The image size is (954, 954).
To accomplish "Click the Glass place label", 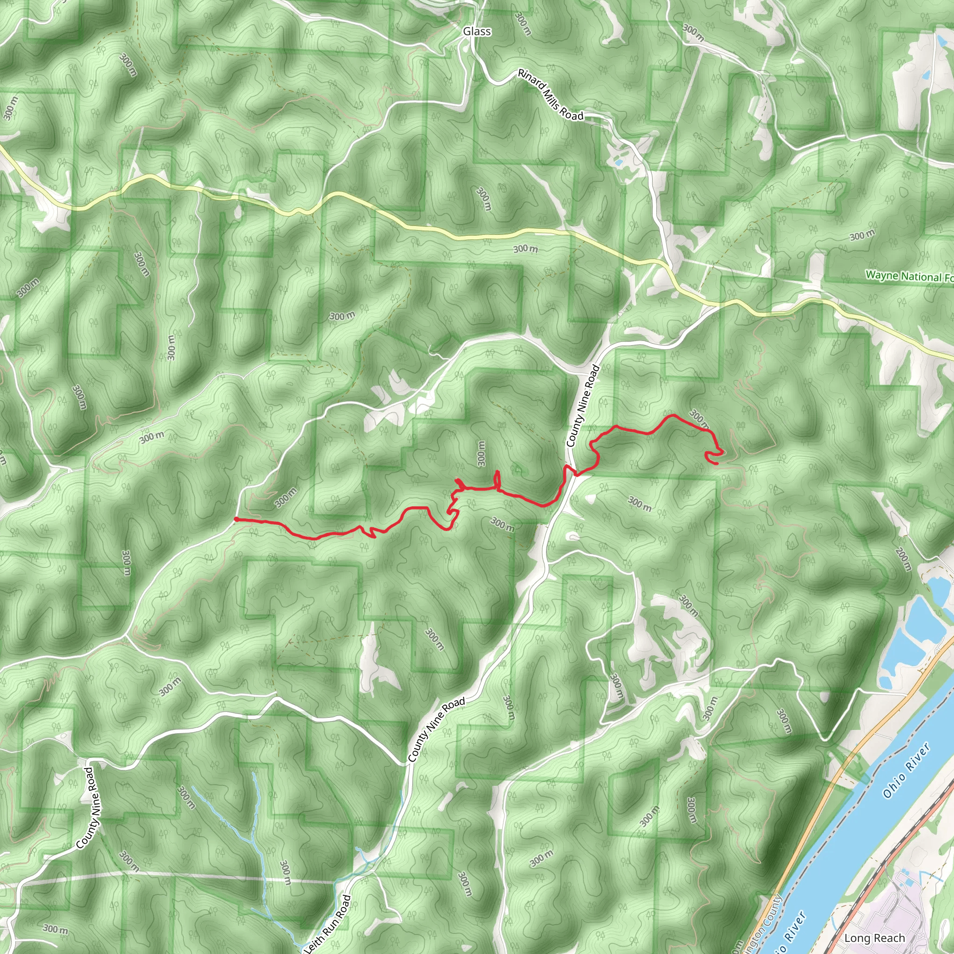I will pos(477,32).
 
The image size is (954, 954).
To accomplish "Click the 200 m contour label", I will pos(902,560).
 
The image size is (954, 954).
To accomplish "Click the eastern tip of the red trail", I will pos(716,463).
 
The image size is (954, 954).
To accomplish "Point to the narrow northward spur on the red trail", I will pos(497,478).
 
